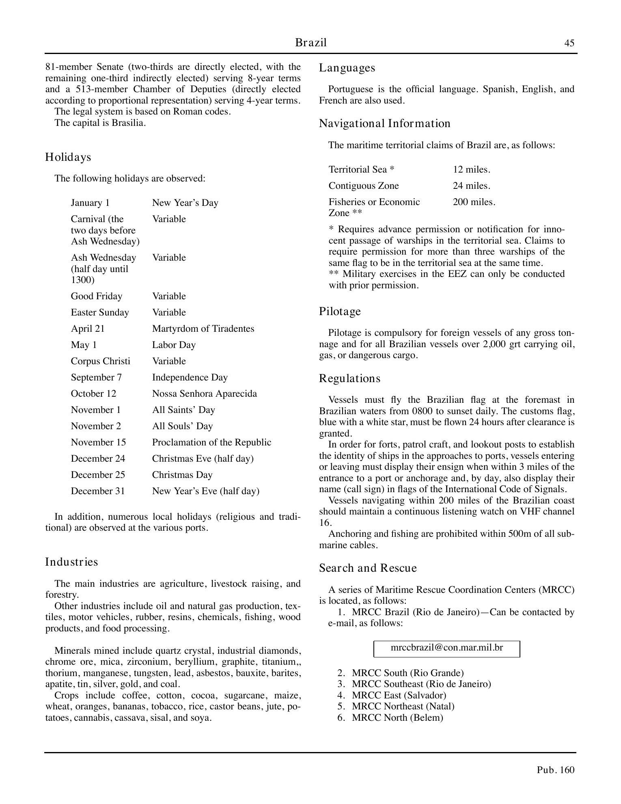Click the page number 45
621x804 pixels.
[x=569, y=43]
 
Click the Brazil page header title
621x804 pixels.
[x=310, y=43]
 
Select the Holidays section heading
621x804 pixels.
[x=68, y=157]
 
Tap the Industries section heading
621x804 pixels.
[x=71, y=562]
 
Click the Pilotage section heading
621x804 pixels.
[x=340, y=311]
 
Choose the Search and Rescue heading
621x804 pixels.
[x=368, y=568]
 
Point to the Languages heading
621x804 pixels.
[x=347, y=68]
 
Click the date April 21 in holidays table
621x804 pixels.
[x=88, y=329]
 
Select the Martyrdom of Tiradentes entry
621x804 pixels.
[x=203, y=329]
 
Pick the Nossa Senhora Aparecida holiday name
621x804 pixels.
[x=204, y=393]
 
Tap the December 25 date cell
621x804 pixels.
[x=98, y=475]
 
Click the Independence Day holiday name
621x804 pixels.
[x=190, y=377]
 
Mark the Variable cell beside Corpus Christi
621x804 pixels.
[x=169, y=361]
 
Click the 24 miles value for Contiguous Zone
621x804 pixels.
[x=471, y=186]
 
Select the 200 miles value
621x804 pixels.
[x=474, y=202]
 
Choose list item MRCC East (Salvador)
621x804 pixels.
[x=399, y=695]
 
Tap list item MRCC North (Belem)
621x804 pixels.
[x=397, y=718]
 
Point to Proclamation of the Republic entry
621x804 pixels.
[x=211, y=442]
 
